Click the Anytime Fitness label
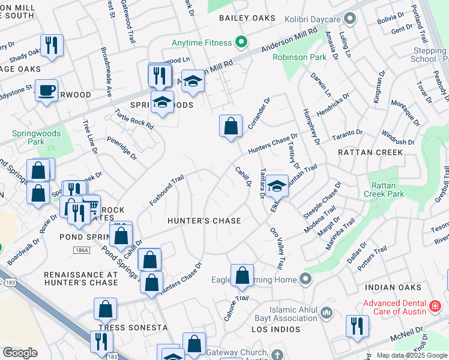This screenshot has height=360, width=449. click(x=201, y=43)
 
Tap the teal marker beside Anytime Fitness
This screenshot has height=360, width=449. click(x=241, y=42)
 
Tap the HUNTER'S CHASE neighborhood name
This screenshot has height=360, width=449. click(x=204, y=221)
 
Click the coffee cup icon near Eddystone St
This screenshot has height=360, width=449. click(x=46, y=91)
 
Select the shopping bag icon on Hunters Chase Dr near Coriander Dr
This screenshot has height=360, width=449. click(x=231, y=126)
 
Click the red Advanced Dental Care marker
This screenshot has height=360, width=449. click(x=435, y=307)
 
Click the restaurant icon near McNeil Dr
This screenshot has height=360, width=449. click(x=357, y=327)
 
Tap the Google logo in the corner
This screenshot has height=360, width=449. click(x=20, y=353)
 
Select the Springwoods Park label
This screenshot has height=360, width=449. click(x=28, y=137)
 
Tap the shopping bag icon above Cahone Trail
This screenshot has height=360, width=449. click(x=242, y=275)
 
